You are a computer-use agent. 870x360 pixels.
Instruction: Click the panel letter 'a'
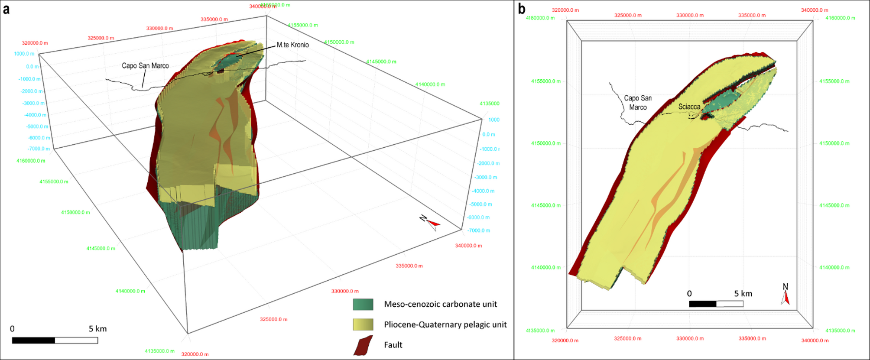click(x=6, y=9)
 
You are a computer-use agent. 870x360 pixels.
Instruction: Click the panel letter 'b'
click(x=522, y=9)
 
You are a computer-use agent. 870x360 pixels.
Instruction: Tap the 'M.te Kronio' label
click(x=292, y=45)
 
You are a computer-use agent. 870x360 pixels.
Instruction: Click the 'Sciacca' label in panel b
click(x=689, y=107)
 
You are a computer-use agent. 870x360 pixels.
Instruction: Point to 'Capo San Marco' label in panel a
click(x=145, y=66)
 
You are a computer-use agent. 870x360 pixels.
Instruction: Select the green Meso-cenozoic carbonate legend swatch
click(x=363, y=305)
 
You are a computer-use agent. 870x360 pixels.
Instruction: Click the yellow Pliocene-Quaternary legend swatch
click(x=363, y=324)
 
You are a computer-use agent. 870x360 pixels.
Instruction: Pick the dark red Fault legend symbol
click(x=363, y=345)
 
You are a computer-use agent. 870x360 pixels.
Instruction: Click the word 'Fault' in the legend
click(x=393, y=345)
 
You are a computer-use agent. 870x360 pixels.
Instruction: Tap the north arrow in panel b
click(x=786, y=295)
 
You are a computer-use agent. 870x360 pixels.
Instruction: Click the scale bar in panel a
click(x=55, y=341)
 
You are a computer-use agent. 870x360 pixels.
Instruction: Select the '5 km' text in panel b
click(x=743, y=294)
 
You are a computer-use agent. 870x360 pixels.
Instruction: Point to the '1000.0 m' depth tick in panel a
click(x=24, y=54)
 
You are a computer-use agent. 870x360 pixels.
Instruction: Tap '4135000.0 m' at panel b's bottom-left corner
click(x=540, y=331)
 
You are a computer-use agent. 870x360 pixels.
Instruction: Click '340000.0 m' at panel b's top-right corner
click(x=814, y=10)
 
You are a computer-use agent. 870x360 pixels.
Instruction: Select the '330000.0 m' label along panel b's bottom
click(x=690, y=339)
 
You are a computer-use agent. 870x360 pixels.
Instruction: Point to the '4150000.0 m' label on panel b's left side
click(x=545, y=143)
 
